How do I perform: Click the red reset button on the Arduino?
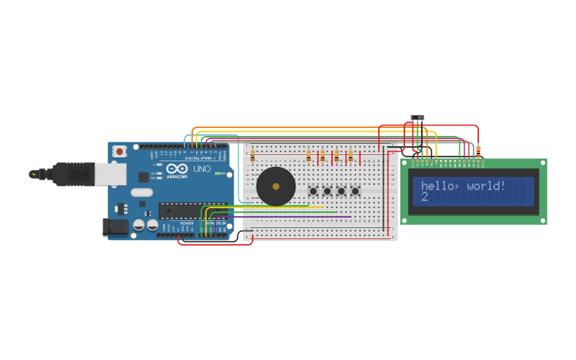(x=119, y=151)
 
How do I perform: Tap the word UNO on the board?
(x=203, y=168)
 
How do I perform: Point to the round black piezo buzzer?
(x=276, y=186)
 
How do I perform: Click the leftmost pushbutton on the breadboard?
(x=313, y=191)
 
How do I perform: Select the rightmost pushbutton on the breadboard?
(x=355, y=191)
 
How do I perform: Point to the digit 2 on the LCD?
(x=425, y=196)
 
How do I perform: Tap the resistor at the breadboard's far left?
(x=252, y=157)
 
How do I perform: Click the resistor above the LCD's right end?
(x=478, y=150)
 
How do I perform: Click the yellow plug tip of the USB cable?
(x=33, y=174)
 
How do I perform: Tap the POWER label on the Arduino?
(x=187, y=223)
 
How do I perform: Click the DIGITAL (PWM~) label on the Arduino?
(x=199, y=158)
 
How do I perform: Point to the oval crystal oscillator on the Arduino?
(x=142, y=192)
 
